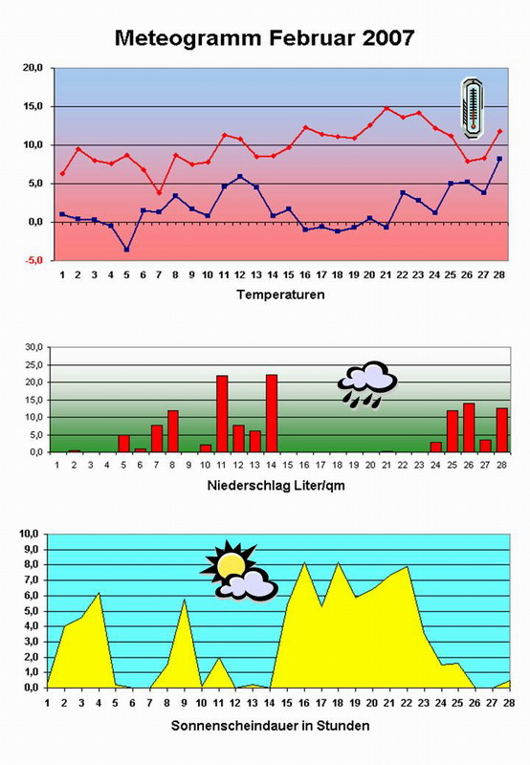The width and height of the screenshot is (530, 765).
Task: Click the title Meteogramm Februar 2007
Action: point(264,38)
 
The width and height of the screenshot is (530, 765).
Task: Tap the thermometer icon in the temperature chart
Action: point(473,108)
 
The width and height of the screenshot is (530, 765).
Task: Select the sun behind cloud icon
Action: point(238,571)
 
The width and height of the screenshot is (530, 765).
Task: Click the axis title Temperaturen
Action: point(280,295)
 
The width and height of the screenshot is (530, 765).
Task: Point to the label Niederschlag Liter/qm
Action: point(276,486)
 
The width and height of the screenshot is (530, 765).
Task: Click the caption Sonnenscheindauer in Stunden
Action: point(270,726)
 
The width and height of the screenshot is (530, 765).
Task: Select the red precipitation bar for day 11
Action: point(222,414)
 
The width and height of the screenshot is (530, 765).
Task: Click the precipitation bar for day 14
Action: point(272,413)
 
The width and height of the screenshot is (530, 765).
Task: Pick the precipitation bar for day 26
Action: point(469,427)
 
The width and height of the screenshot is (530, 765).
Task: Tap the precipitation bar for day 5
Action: point(123,444)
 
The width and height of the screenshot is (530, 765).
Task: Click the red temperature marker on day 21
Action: point(386,108)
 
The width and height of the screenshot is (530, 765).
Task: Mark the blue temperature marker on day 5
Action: point(126,250)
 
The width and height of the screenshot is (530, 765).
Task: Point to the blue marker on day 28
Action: point(499,159)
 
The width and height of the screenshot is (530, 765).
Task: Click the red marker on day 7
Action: point(159,193)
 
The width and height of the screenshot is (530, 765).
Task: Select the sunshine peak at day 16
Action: point(304,562)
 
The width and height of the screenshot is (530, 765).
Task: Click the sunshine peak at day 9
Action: point(184,600)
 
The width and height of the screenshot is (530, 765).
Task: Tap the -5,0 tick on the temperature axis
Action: point(33,260)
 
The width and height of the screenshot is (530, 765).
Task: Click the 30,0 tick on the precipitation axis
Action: point(35,347)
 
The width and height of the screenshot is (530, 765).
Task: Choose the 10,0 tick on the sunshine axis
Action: point(29,534)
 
